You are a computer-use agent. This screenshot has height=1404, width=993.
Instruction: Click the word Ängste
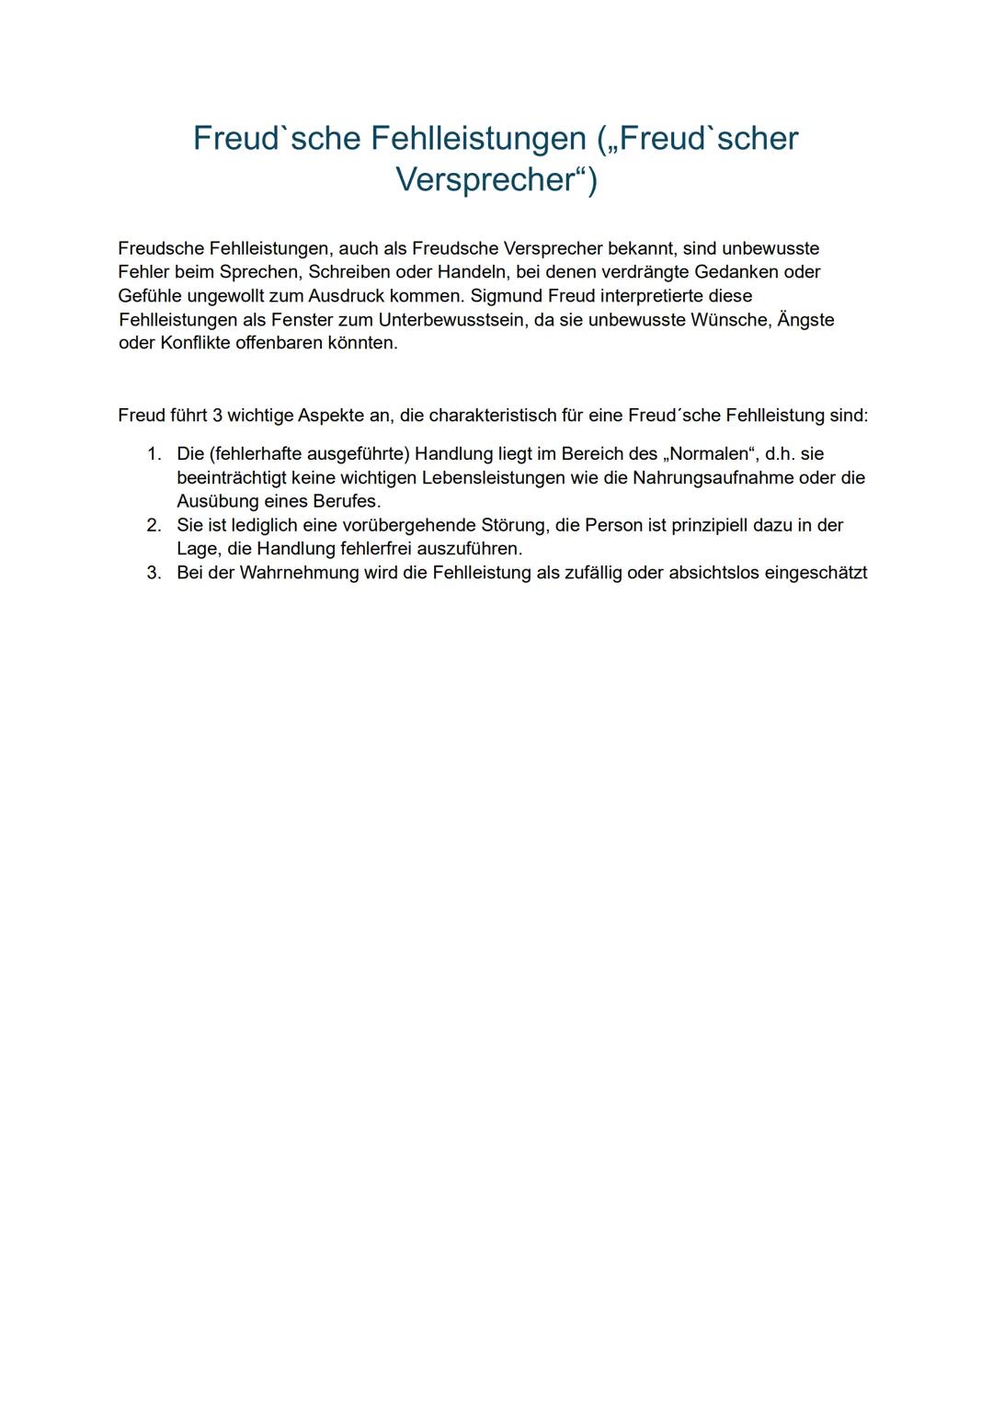(x=805, y=320)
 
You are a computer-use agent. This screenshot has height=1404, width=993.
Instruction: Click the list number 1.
(x=154, y=454)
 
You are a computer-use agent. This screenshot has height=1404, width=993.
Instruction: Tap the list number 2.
(x=154, y=525)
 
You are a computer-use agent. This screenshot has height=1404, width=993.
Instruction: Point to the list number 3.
(x=154, y=573)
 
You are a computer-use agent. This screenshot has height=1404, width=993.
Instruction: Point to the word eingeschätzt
(x=816, y=573)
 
